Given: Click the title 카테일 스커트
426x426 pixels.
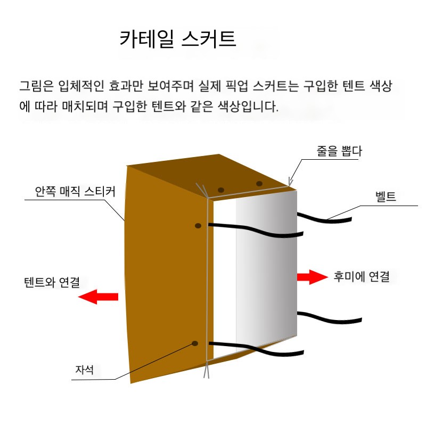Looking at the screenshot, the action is tap(178, 39).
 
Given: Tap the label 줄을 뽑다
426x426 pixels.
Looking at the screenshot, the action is tap(339, 151).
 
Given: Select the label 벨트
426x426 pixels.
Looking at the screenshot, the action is tap(386, 196).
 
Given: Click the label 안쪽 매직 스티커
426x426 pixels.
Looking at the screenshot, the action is tap(75, 191).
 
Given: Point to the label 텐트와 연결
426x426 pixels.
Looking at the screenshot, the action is tap(52, 282).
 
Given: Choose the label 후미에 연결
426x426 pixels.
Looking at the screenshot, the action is tap(362, 276).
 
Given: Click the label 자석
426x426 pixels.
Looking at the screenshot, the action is tap(85, 370).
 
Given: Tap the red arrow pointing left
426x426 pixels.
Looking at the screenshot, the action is tap(98, 297).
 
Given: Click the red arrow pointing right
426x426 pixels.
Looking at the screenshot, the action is tap(313, 277).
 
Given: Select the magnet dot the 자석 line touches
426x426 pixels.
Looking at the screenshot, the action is tap(195, 343).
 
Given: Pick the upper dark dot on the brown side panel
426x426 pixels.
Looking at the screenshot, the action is tap(198, 226).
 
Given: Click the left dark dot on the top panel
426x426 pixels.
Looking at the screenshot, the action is tap(221, 190).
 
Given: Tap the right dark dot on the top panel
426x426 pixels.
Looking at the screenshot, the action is tap(259, 184).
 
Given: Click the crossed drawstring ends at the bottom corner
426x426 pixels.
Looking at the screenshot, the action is tap(207, 370).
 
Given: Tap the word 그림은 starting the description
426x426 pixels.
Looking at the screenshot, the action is tap(37, 86).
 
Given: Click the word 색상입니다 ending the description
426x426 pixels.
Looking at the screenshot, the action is tap(248, 106).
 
